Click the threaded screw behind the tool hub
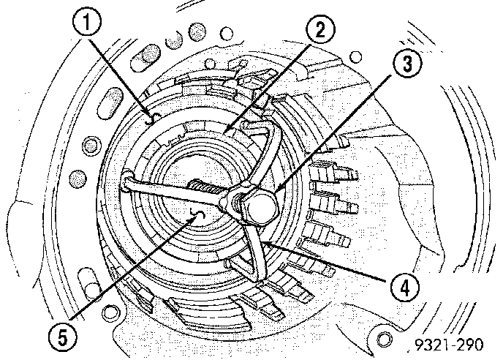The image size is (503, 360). point(208,191)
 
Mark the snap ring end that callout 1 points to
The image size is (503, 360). point(151,117)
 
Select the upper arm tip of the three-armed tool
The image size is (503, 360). point(256,130)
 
